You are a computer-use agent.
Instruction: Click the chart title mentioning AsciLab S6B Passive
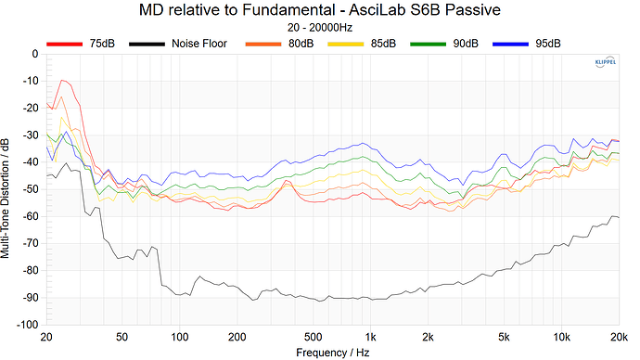click(x=319, y=11)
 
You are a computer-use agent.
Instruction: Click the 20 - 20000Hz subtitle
click(x=319, y=29)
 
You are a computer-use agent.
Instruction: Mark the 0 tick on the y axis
click(x=34, y=54)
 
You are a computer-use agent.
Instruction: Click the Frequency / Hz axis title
click(x=332, y=353)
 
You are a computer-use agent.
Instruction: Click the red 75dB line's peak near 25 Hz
click(x=62, y=81)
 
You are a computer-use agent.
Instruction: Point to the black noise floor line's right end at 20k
click(x=619, y=217)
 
